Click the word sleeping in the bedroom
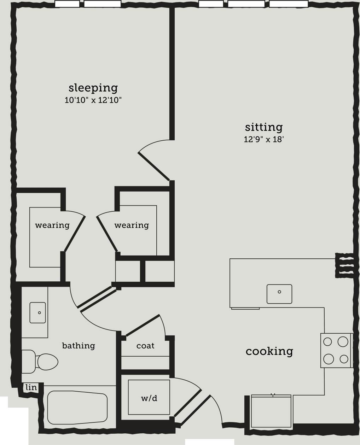point(93,88)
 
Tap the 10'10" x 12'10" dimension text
point(93,100)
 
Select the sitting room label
point(264,127)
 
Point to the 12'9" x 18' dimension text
point(264,139)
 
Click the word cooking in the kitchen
point(269,351)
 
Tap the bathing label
point(79,346)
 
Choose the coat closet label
point(145,346)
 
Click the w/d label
point(149,398)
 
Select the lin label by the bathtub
point(31,387)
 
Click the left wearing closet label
point(52,225)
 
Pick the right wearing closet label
point(132,225)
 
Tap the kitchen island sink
point(279,294)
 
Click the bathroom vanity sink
point(37,312)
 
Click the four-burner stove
point(336,350)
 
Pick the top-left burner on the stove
point(328,342)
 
